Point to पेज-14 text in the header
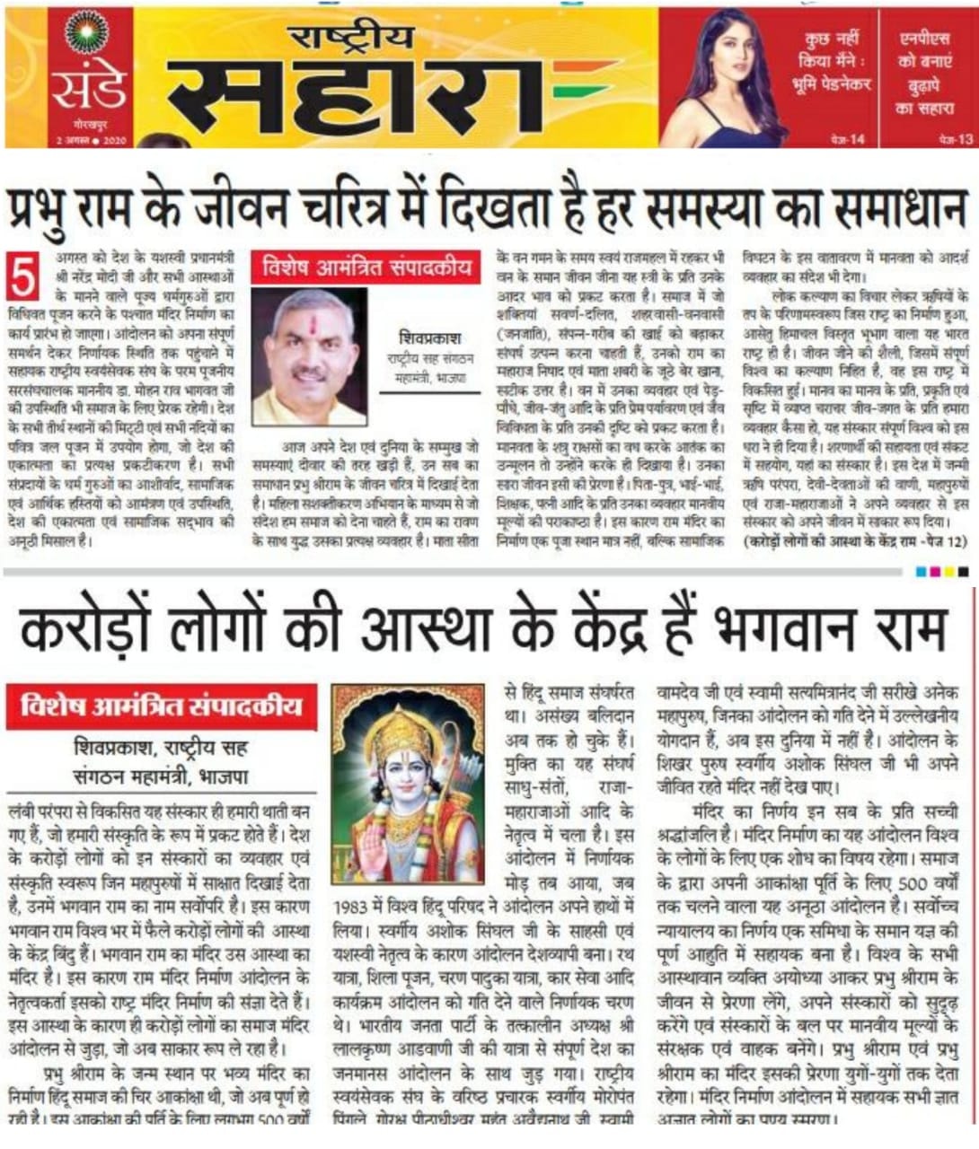coord(848,139)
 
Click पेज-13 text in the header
coord(956,139)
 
